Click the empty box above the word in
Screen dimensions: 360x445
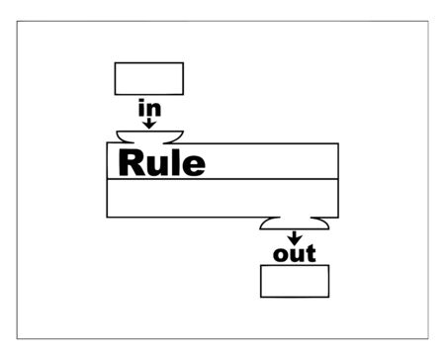(149, 77)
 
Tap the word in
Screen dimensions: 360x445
(149, 108)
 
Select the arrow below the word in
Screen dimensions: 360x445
(149, 123)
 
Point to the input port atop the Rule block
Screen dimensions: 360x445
(149, 136)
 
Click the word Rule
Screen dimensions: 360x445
(162, 162)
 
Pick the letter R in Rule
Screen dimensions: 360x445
(133, 162)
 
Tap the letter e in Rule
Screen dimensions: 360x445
(194, 165)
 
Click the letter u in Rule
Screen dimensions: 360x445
(158, 165)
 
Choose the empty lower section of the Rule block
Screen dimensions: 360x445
(222, 198)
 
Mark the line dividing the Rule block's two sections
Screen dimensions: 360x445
(222, 179)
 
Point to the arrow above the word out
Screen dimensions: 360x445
(294, 237)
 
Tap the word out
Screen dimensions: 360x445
(294, 255)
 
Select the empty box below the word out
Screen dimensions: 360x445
(294, 282)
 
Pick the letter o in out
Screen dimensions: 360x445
(281, 256)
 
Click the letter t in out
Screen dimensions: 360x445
(311, 254)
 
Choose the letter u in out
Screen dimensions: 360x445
(296, 256)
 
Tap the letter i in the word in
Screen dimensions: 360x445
(141, 107)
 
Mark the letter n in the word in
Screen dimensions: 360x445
(153, 109)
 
